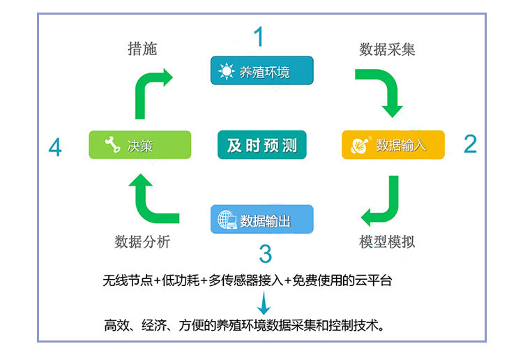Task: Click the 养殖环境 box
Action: (x=261, y=70)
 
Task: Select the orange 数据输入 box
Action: (x=393, y=145)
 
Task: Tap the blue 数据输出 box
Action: (x=261, y=220)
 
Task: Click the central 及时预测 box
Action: (x=261, y=145)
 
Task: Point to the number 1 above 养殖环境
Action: (x=259, y=37)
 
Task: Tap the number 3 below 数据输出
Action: (x=265, y=253)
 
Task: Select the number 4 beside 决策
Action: (x=55, y=147)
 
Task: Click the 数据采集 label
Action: (x=388, y=50)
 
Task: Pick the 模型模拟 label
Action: (x=387, y=242)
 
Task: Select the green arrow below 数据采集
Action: (x=382, y=91)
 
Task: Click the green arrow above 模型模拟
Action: (x=383, y=199)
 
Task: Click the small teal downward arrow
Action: (x=264, y=303)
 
